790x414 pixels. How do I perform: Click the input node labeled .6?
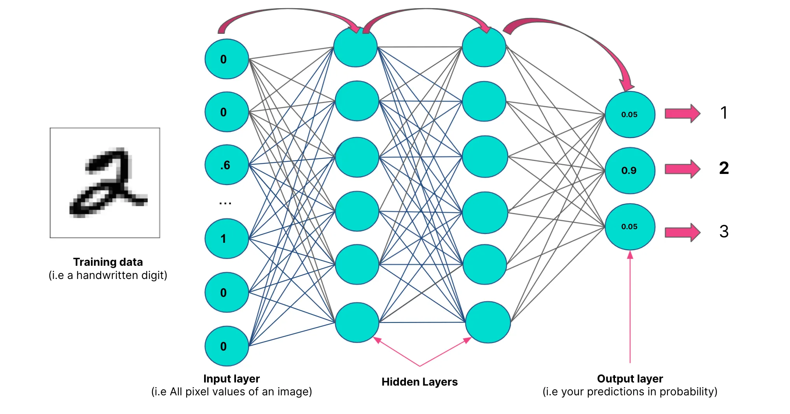click(x=226, y=165)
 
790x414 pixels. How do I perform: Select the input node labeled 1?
click(x=226, y=239)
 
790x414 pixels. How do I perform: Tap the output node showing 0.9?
click(x=629, y=170)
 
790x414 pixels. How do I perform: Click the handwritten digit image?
click(x=105, y=182)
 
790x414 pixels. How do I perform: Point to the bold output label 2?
click(x=724, y=168)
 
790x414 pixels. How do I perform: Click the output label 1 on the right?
click(x=724, y=113)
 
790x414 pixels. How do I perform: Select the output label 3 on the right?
click(x=724, y=232)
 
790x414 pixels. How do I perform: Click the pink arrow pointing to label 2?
click(x=682, y=169)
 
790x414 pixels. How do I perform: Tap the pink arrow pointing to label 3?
click(x=682, y=232)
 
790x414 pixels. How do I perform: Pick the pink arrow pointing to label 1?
click(x=682, y=114)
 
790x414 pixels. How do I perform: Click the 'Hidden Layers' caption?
click(x=419, y=382)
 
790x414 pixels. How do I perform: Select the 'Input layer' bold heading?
click(x=231, y=379)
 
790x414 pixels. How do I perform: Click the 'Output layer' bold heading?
click(x=630, y=379)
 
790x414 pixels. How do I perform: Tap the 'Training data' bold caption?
click(x=108, y=262)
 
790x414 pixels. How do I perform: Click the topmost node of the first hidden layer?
click(x=355, y=47)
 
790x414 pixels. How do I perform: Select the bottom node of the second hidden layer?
click(x=488, y=322)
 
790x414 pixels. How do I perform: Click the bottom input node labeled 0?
click(x=226, y=346)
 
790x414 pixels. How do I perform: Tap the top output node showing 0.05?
click(x=629, y=114)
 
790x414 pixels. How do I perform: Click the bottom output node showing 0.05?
click(x=629, y=226)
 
